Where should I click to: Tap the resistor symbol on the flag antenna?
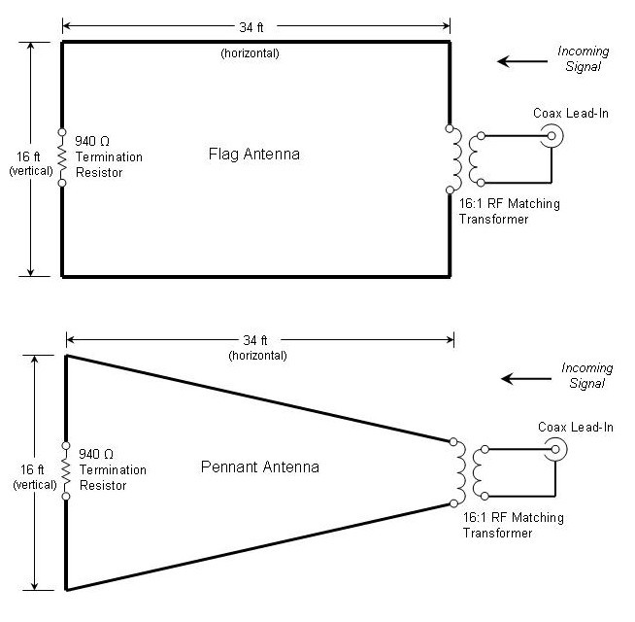tap(62, 156)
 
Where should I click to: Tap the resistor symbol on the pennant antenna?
tap(66, 471)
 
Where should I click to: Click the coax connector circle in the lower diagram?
tap(556, 450)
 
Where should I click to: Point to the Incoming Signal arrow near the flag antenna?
tap(517, 61)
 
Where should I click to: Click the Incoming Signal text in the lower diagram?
tap(587, 375)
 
